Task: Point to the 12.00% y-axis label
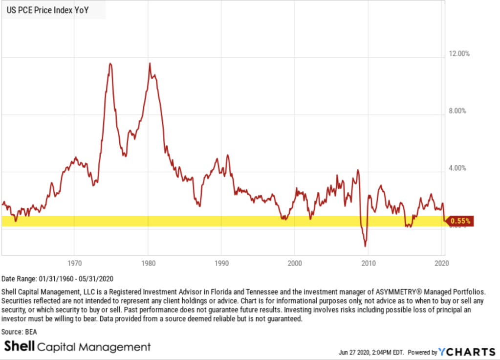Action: pyautogui.click(x=459, y=54)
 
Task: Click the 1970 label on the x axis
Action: pyautogui.click(x=74, y=262)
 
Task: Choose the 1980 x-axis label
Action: pyautogui.click(x=148, y=262)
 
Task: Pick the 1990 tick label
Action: pyautogui.click(x=221, y=262)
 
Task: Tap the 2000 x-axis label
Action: pyautogui.click(x=295, y=262)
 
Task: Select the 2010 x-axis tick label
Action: pyautogui.click(x=369, y=262)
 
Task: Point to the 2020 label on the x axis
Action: pyautogui.click(x=441, y=262)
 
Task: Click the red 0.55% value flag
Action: pyautogui.click(x=460, y=221)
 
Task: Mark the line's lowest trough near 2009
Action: pyautogui.click(x=365, y=246)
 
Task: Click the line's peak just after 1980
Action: pyautogui.click(x=150, y=63)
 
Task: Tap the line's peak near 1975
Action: pyautogui.click(x=110, y=63)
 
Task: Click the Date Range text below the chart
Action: pyautogui.click(x=57, y=279)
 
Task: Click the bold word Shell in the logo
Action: pyautogui.click(x=19, y=347)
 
